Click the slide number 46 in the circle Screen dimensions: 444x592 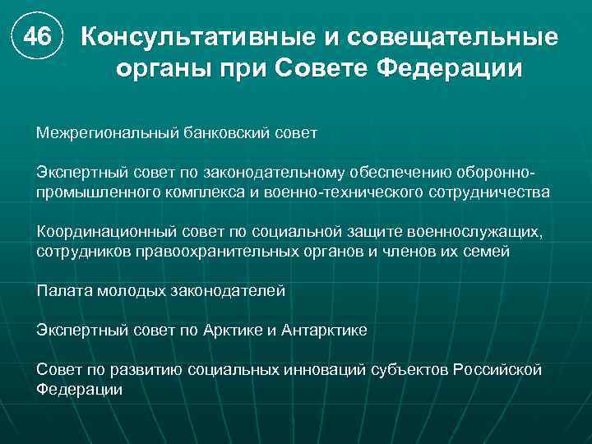37,38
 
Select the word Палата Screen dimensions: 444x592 62,291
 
